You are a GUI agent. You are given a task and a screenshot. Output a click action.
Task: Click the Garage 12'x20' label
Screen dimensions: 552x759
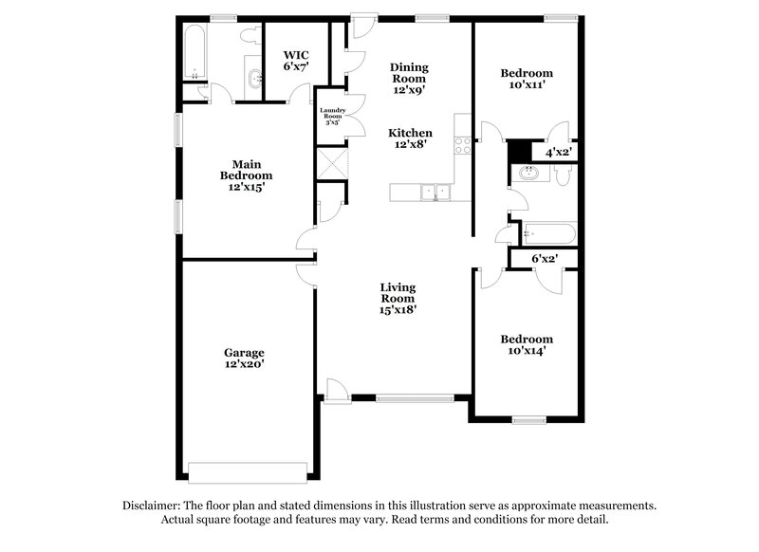coord(244,358)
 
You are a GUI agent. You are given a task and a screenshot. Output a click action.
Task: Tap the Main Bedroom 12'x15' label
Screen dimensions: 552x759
coord(246,175)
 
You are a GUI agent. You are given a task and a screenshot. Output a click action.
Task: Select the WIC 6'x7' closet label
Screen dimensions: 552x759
coord(295,61)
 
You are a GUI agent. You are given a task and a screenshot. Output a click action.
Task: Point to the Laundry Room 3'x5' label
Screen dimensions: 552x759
coord(332,117)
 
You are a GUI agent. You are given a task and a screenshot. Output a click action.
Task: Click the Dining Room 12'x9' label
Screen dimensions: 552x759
coord(410,79)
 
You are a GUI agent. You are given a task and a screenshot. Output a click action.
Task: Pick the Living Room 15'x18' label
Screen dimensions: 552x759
coord(398,298)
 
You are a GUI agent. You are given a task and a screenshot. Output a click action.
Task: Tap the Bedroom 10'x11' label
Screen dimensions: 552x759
coord(526,79)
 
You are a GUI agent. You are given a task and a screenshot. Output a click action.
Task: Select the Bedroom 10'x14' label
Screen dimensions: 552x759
coord(526,344)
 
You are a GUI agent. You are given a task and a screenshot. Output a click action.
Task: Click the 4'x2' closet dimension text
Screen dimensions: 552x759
coord(558,152)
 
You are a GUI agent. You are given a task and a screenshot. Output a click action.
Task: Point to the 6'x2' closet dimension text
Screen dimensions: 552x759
coord(544,258)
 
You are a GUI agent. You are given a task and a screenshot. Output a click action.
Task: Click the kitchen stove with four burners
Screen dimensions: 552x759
coord(462,145)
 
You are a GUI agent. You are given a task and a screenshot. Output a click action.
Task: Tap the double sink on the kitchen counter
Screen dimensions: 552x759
coord(436,193)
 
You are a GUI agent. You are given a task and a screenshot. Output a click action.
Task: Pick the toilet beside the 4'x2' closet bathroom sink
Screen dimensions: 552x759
coord(562,175)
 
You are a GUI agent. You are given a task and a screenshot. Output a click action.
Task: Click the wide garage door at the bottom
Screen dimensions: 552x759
coord(248,470)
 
